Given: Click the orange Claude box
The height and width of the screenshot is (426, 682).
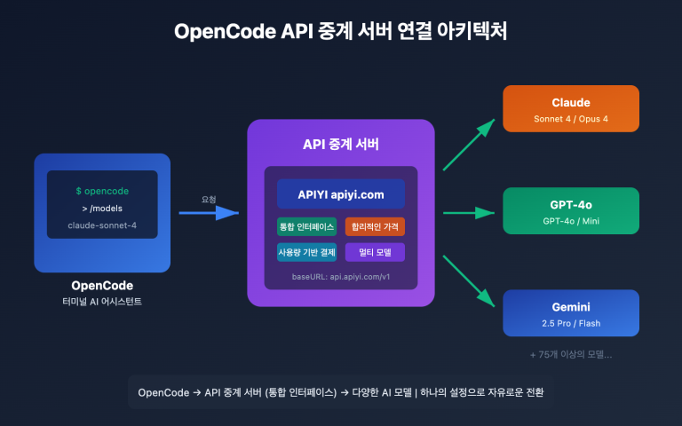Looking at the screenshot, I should point(571,109).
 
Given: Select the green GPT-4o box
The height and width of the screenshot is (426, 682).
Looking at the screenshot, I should point(571,210).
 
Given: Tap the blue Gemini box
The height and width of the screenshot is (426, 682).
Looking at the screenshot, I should point(571,313).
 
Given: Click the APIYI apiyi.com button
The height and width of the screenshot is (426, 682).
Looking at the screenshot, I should point(340,194).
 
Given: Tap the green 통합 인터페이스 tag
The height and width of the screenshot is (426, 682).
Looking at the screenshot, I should point(306,226).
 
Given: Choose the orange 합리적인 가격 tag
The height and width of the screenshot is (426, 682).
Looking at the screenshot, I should point(375,226).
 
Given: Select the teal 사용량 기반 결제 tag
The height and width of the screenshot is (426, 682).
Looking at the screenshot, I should point(306,253).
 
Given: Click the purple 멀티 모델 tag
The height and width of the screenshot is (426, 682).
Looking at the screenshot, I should point(375,253).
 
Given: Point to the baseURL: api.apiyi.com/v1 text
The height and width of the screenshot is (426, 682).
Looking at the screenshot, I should point(341,277).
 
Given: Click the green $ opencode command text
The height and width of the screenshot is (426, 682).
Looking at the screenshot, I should point(102,191).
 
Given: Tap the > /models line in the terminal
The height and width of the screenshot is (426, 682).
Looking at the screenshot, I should point(102,208).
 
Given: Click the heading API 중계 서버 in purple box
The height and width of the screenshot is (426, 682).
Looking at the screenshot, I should point(340,146).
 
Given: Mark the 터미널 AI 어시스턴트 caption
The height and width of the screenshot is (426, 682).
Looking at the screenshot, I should point(102,303).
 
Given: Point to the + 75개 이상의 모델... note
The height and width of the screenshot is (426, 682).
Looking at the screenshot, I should point(571,353).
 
